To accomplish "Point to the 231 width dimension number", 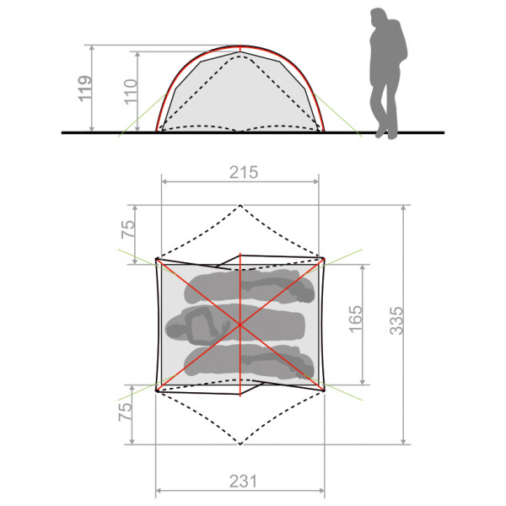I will pos(240,482).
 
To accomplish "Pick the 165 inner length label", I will pos(354,320).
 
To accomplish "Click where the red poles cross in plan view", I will pos(240,324).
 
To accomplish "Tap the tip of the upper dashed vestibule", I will pos(240,205).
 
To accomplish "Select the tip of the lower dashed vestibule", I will pos(240,444).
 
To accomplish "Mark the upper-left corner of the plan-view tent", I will pos(157,260).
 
